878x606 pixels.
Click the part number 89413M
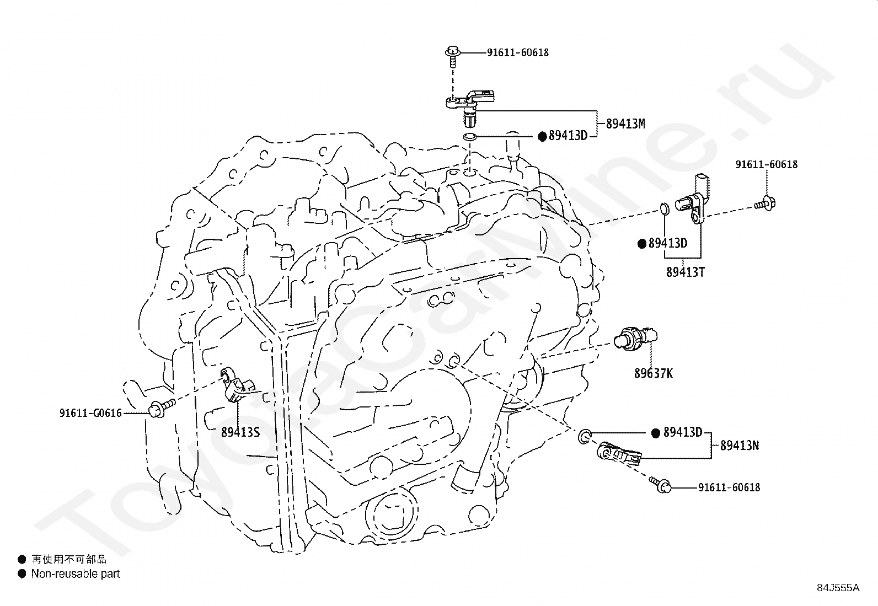[625, 124]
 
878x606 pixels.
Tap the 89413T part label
[685, 272]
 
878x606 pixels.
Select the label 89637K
[653, 373]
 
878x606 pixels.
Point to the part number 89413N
[740, 446]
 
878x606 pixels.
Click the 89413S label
[240, 432]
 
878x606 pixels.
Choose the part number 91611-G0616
[90, 412]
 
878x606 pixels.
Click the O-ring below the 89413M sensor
[469, 136]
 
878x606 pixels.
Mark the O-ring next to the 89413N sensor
[585, 437]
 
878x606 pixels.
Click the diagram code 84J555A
[838, 587]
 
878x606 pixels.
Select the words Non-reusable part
[75, 574]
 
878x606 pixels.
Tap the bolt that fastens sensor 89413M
[452, 56]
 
